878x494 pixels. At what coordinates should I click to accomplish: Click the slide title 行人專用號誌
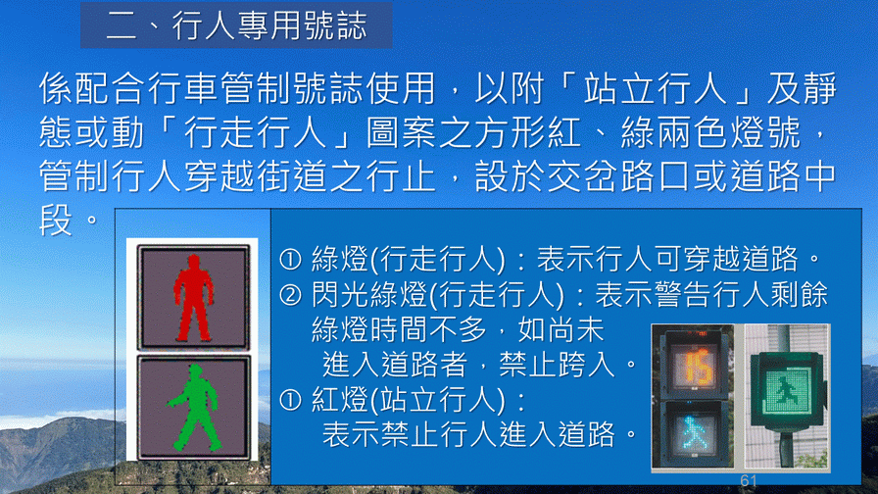pos(269,25)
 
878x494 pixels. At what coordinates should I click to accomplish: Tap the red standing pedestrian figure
pos(193,298)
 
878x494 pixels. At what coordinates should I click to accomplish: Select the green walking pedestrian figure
pos(194,408)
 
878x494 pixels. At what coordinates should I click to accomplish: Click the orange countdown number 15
pos(699,367)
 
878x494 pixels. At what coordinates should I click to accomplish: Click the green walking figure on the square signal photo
pos(788,390)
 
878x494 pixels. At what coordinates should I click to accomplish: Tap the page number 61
pos(749,480)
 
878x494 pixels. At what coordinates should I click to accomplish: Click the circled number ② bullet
pos(291,295)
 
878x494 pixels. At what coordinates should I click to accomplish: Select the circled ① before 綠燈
pos(291,260)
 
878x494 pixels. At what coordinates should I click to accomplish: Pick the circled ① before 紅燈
pos(291,400)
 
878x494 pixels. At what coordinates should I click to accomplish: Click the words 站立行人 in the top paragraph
pos(655,89)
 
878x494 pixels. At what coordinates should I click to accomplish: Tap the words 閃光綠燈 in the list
pos(369,295)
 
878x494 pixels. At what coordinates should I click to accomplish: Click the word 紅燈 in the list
pos(339,400)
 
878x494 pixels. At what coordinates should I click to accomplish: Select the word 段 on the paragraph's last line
pos(56,221)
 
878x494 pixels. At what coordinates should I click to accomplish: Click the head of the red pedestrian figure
pos(194,262)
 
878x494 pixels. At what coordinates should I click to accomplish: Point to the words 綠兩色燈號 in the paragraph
pos(710,133)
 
